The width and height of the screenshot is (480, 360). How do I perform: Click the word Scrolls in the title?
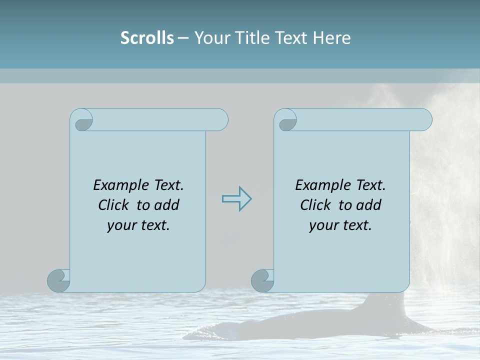147,38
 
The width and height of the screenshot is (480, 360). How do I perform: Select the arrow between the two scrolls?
236,199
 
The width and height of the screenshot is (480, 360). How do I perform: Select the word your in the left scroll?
121,225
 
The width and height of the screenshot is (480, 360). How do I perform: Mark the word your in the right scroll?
323,225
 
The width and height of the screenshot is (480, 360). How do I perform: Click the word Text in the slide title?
289,38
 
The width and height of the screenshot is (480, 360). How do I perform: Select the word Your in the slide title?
209,38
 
